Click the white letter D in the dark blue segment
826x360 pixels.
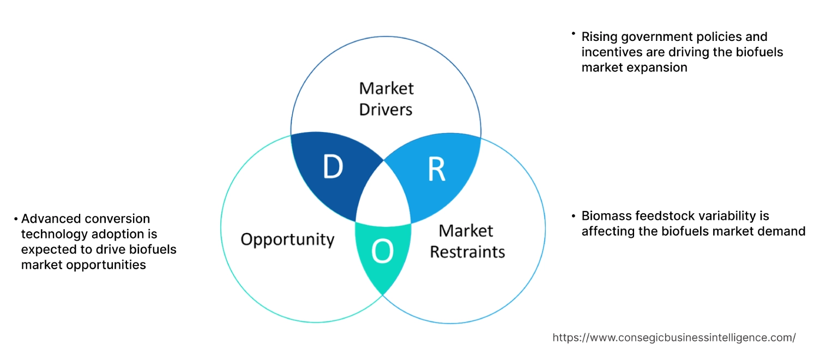click(x=333, y=167)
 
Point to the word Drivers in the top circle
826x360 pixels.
click(x=385, y=109)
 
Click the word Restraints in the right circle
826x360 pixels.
click(x=467, y=251)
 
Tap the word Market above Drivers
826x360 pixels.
click(x=386, y=88)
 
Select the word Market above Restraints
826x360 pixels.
click(x=466, y=230)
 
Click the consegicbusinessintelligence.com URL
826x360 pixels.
click(x=674, y=338)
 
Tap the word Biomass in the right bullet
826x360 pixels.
click(x=605, y=215)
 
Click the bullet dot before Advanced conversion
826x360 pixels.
click(x=16, y=219)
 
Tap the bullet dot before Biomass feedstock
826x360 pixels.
click(x=574, y=215)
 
